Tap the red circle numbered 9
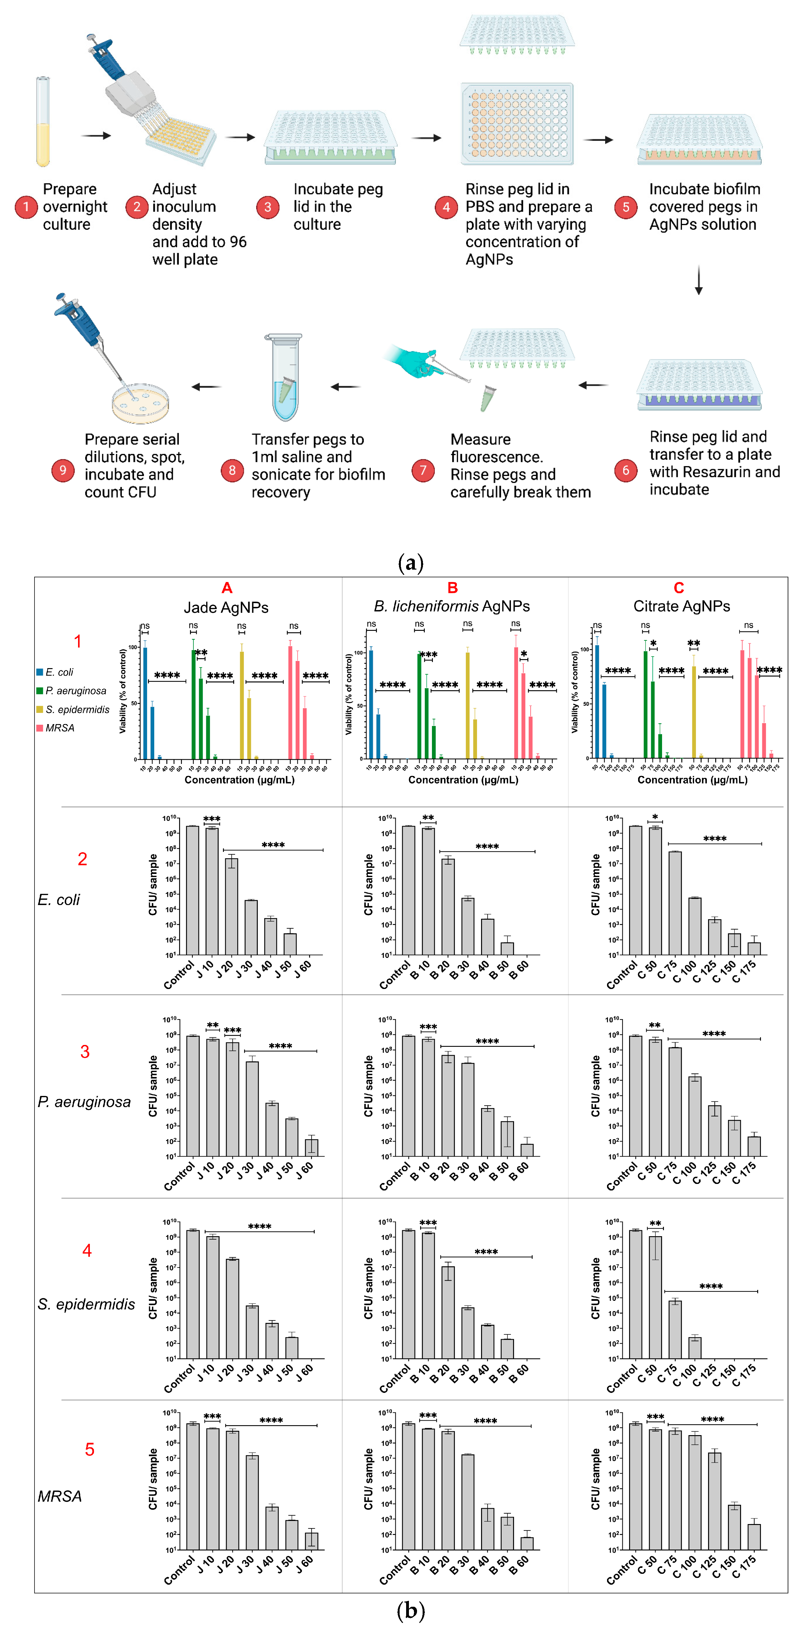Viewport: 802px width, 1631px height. click(x=63, y=470)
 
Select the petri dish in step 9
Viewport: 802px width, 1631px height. click(x=141, y=403)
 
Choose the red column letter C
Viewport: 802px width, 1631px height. click(x=679, y=588)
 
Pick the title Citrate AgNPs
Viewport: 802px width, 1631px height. click(x=682, y=607)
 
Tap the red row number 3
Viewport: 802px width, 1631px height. click(x=85, y=1052)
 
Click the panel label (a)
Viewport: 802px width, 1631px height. click(x=410, y=562)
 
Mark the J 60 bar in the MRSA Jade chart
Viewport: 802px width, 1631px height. click(x=311, y=1540)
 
